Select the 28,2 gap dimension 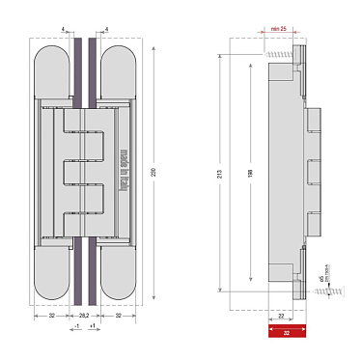point(84,315)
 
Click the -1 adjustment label point(77,326)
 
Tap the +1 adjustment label point(91,326)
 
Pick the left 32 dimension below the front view point(50,315)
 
